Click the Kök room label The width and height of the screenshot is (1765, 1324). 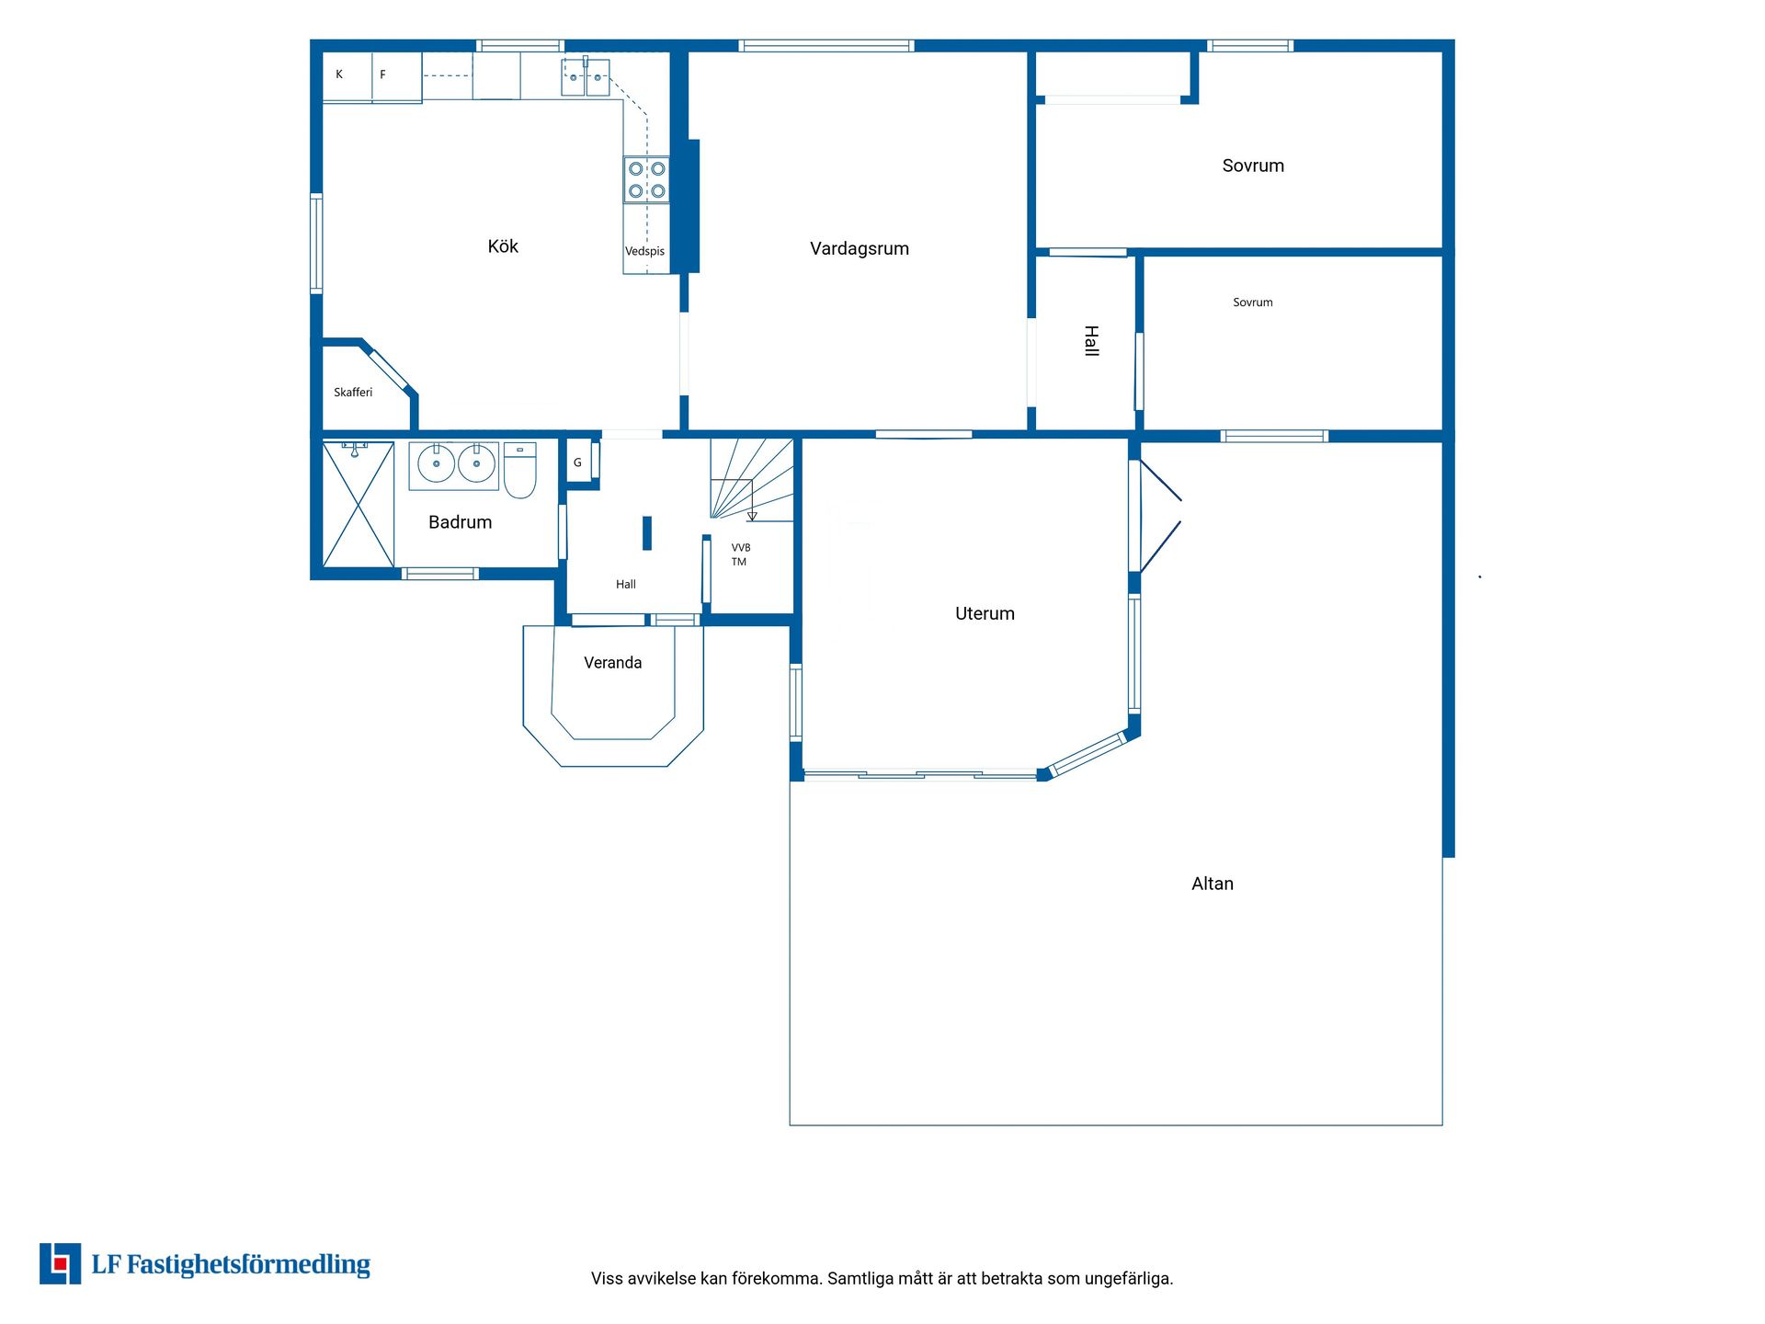pos(503,246)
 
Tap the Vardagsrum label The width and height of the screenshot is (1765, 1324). pos(860,248)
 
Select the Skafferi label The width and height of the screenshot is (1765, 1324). pos(353,393)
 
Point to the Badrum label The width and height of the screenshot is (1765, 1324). pos(460,522)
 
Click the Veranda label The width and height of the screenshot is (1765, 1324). pos(613,663)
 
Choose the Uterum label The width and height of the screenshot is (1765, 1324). pos(985,613)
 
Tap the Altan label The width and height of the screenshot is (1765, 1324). pos(1213,884)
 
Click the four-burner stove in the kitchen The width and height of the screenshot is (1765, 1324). pos(646,179)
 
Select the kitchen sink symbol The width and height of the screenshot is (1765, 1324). pos(586,77)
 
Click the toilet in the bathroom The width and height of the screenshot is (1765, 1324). pos(519,471)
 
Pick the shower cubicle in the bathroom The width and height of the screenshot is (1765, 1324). pos(359,505)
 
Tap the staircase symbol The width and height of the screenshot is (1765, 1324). pos(751,480)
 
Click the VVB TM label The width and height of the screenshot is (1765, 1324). pos(740,554)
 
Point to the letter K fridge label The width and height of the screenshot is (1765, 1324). pos(339,74)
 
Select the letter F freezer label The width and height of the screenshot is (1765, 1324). pos(382,74)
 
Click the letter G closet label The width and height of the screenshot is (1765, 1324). pos(577,462)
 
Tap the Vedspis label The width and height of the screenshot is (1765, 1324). pos(644,251)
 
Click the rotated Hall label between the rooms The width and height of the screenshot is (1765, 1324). pos(1091,340)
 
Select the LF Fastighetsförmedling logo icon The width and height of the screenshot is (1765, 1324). pos(60,1263)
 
